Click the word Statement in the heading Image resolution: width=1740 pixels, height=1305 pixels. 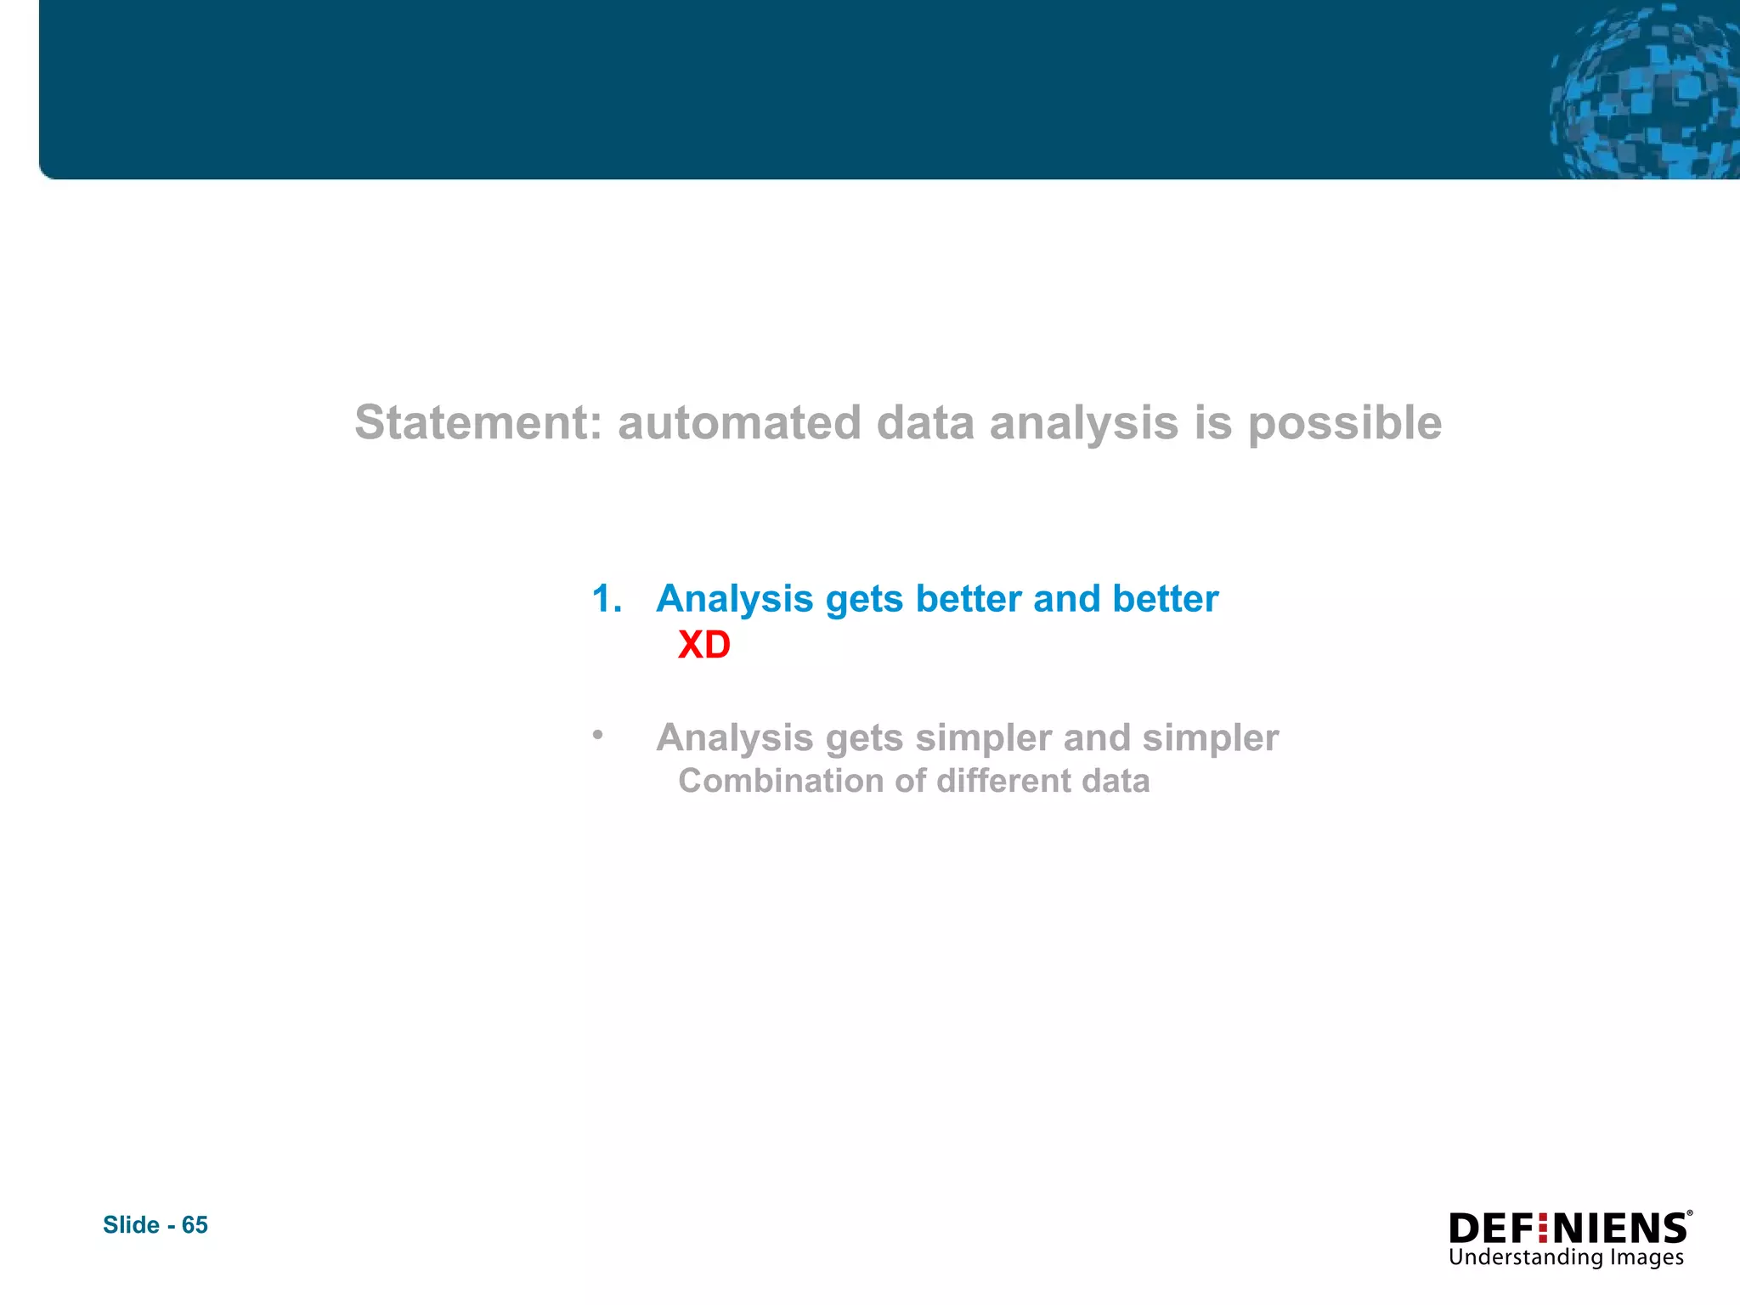[x=477, y=422]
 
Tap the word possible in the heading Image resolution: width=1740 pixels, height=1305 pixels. [x=1344, y=424]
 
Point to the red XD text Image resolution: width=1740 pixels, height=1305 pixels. [x=703, y=645]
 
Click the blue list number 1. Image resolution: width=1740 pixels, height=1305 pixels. [x=606, y=599]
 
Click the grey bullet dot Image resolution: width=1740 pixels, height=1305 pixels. [x=598, y=734]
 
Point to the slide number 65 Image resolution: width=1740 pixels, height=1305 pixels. [x=195, y=1224]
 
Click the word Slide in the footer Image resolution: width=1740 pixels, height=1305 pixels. [x=131, y=1224]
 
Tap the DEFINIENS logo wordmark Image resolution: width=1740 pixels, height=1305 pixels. [x=1568, y=1229]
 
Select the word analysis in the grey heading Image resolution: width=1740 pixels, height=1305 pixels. [x=1084, y=424]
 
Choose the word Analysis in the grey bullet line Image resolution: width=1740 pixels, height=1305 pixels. [x=735, y=737]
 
